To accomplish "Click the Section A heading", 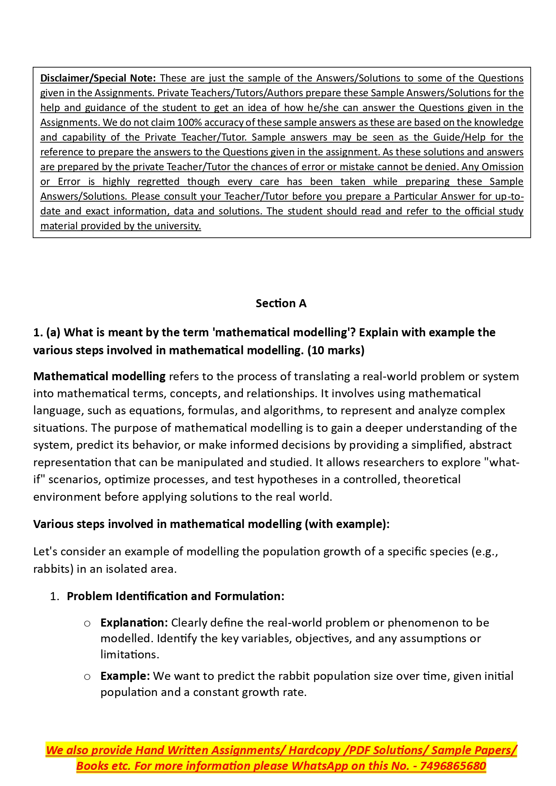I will point(281,304).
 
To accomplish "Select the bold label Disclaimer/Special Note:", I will point(98,78).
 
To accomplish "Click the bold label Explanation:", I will point(134,623).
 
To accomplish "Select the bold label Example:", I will point(125,676).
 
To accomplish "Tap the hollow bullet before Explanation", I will point(87,623).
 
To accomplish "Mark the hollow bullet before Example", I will point(87,677).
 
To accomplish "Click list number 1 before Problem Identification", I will point(54,597).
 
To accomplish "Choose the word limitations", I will point(129,655).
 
